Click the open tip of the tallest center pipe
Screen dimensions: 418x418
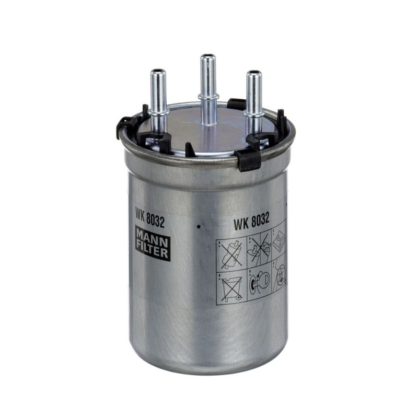click(208, 57)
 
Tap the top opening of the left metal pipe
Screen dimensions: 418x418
click(158, 72)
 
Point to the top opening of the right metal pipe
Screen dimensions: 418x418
click(253, 73)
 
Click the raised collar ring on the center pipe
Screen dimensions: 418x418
click(207, 96)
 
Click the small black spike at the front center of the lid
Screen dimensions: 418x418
click(190, 149)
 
